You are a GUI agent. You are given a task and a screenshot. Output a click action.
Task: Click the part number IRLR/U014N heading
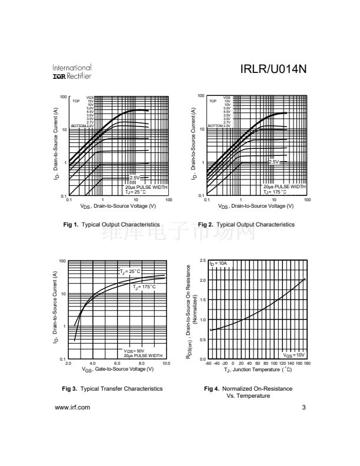point(274,70)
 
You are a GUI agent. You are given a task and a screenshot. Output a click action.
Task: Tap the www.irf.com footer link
point(72,407)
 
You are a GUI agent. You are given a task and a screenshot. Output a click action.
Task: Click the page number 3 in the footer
point(304,407)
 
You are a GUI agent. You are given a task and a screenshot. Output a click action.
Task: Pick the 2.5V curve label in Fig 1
point(135,178)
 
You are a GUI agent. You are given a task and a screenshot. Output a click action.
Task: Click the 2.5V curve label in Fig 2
point(274,162)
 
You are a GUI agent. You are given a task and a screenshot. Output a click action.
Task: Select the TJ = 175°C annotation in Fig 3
point(143,287)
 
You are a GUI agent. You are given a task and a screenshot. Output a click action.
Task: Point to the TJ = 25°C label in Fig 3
point(129,271)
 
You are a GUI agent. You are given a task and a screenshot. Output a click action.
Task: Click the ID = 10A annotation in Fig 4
point(218,263)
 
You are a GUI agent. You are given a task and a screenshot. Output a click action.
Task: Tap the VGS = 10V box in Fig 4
point(294,355)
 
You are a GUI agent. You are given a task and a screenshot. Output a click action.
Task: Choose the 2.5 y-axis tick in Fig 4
point(202,261)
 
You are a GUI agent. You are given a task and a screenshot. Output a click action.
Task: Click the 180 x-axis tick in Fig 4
point(306,364)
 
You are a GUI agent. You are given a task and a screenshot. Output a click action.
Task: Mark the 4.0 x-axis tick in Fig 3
point(93,364)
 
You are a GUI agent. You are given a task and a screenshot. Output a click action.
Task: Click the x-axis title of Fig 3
point(118,370)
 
